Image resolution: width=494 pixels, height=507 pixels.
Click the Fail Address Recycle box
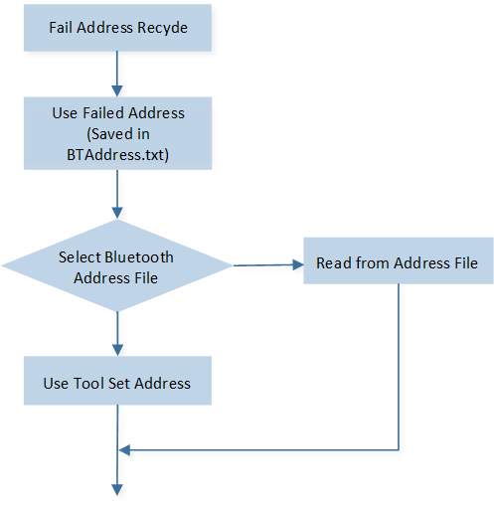point(117,28)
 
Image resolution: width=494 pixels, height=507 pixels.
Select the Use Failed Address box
point(117,133)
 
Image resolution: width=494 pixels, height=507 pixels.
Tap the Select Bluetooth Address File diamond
point(117,265)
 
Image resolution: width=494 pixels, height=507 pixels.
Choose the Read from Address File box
point(399,260)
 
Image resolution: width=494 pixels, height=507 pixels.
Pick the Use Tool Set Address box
point(117,381)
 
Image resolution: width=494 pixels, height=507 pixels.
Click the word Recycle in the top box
point(162,28)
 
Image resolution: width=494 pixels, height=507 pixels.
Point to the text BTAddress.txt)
point(117,155)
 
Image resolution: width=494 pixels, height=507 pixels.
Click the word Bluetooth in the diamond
point(139,257)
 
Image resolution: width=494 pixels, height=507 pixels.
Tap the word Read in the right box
point(334,263)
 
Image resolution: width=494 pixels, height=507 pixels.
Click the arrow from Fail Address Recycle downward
point(117,75)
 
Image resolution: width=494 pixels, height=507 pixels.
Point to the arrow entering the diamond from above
point(117,195)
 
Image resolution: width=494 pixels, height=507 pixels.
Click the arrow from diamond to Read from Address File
point(268,265)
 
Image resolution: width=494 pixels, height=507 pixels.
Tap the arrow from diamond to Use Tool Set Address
point(117,334)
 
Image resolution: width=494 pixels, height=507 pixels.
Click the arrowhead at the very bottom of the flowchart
point(117,490)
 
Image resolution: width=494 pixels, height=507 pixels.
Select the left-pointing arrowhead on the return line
point(124,450)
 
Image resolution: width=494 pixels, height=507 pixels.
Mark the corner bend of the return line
point(399,450)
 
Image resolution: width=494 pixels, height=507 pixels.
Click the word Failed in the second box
point(103,113)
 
